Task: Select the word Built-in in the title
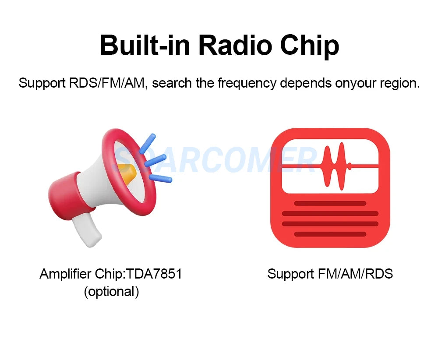click(x=145, y=44)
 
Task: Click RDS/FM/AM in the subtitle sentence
click(x=108, y=83)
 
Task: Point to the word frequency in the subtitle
click(x=247, y=84)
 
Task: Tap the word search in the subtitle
click(x=172, y=83)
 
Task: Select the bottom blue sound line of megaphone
click(x=161, y=178)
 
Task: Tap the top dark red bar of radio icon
click(x=330, y=203)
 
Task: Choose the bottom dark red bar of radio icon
click(x=330, y=234)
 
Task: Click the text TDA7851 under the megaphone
click(x=154, y=274)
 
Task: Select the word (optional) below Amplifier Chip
click(x=111, y=292)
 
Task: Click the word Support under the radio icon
click(x=290, y=274)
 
